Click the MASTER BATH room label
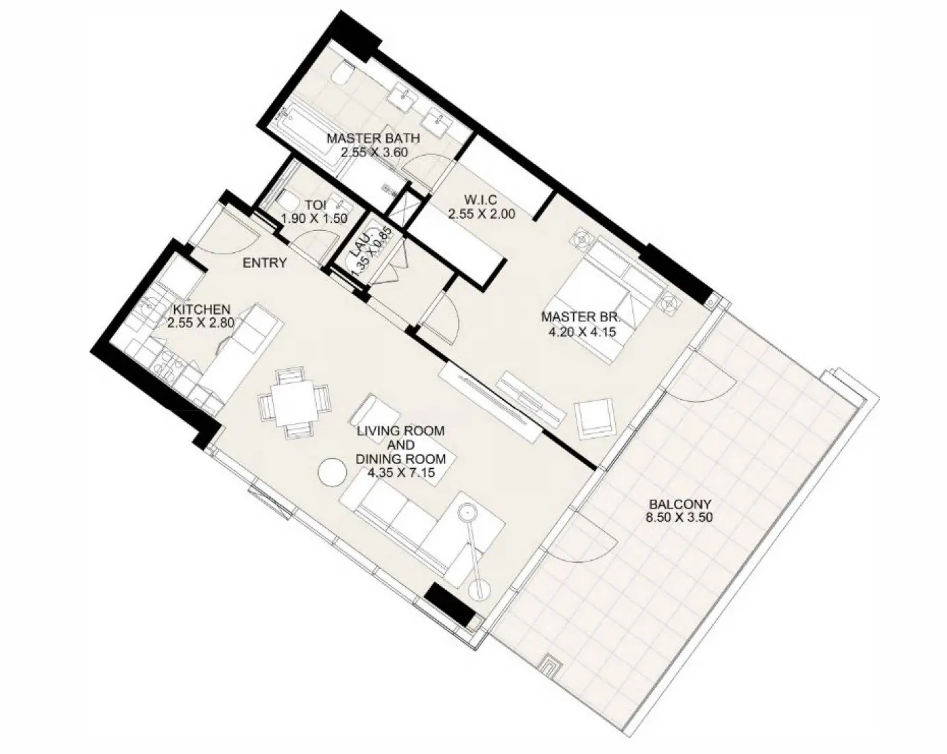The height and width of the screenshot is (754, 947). point(373,138)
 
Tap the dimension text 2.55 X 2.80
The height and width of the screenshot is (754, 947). point(201,321)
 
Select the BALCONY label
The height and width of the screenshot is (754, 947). point(679,504)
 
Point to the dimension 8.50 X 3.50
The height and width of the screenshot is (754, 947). point(679,518)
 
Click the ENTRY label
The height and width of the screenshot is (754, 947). point(265,263)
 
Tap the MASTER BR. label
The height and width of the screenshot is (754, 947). point(580,317)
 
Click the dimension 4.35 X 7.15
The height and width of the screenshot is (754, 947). point(400,472)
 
